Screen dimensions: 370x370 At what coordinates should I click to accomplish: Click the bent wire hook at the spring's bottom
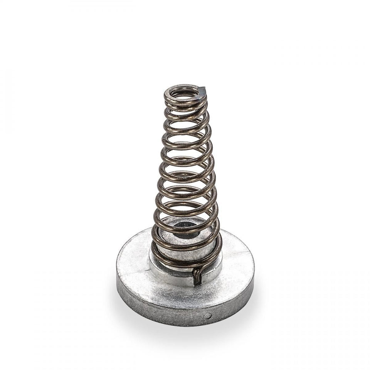(197, 276)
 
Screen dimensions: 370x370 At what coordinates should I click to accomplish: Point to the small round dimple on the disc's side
(208, 316)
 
